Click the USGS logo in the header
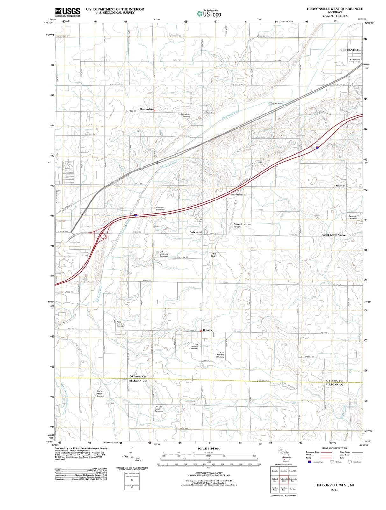(68, 12)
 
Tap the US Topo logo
(209, 13)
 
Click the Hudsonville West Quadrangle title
(335, 9)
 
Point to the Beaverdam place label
(147, 109)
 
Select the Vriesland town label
(196, 232)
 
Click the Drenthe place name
(207, 330)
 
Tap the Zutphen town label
(340, 186)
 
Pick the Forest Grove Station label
(334, 235)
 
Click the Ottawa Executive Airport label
(242, 225)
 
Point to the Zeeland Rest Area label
(238, 195)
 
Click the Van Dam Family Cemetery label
(159, 409)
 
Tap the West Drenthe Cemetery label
(121, 324)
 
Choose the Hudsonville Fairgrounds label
(354, 61)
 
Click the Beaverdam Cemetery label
(185, 115)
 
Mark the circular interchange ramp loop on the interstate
(103, 236)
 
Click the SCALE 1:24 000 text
(209, 448)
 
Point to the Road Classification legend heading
(334, 448)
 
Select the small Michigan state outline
(284, 454)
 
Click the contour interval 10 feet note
(209, 473)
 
